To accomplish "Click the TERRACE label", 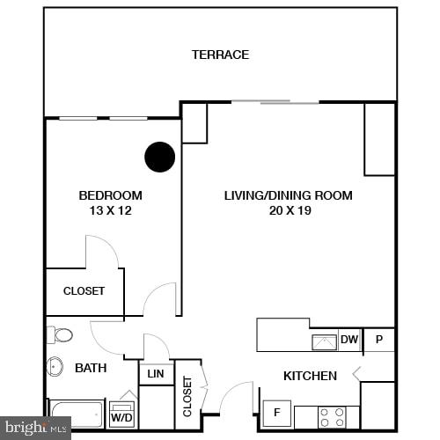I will tap(220, 55).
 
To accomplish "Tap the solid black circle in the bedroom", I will tap(159, 157).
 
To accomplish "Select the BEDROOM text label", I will tap(110, 195).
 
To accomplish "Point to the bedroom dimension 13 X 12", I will tap(110, 210).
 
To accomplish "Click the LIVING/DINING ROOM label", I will tap(288, 195).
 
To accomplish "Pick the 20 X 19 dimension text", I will tap(288, 210).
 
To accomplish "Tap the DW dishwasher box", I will tap(349, 340).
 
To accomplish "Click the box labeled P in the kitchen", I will tap(379, 340).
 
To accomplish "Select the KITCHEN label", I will tap(310, 376).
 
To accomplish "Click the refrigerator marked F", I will tap(276, 412).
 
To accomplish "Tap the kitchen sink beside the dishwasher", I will tap(323, 341).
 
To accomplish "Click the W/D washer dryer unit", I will tap(121, 413).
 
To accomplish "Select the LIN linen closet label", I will tap(156, 374).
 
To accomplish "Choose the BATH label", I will tap(91, 368).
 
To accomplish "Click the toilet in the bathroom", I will tap(62, 335).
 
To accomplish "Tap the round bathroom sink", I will tap(55, 366).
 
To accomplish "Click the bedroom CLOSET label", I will tap(84, 291).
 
